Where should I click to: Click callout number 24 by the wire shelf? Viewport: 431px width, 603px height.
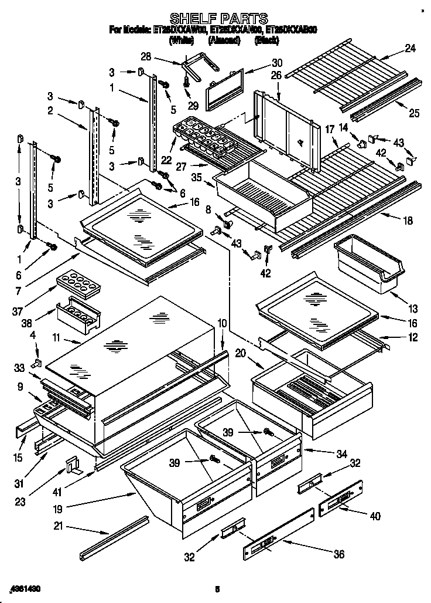pos(410,49)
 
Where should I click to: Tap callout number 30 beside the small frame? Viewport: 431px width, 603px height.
pos(277,63)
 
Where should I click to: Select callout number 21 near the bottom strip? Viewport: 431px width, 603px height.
pos(57,526)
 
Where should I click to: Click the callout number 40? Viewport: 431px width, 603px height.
pos(375,516)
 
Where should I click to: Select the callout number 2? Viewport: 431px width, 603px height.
pos(50,110)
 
